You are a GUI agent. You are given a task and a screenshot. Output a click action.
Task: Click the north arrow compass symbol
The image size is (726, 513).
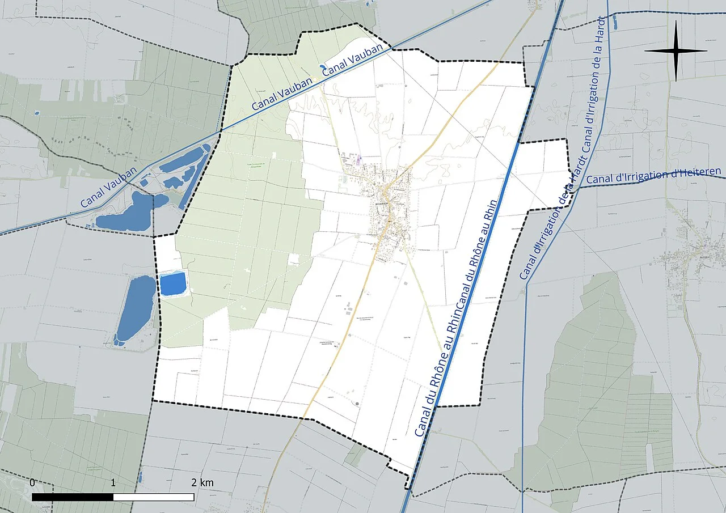(676, 50)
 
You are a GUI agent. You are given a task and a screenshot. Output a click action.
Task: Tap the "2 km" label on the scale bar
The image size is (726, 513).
(202, 483)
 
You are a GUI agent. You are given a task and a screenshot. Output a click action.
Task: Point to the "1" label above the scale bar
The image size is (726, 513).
(113, 483)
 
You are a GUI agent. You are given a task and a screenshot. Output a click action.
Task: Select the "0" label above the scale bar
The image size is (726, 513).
(32, 483)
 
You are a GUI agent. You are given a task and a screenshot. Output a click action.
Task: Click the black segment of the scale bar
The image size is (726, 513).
(73, 497)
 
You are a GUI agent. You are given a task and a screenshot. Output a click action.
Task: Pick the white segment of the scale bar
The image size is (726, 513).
(154, 497)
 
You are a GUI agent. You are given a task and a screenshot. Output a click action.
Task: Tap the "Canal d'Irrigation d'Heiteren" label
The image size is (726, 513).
(653, 175)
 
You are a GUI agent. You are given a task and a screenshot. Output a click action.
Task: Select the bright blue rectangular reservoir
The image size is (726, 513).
(172, 283)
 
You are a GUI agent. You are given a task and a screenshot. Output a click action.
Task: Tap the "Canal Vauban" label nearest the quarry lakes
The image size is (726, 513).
(108, 188)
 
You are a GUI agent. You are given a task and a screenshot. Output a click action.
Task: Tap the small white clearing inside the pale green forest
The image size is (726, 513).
(293, 260)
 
